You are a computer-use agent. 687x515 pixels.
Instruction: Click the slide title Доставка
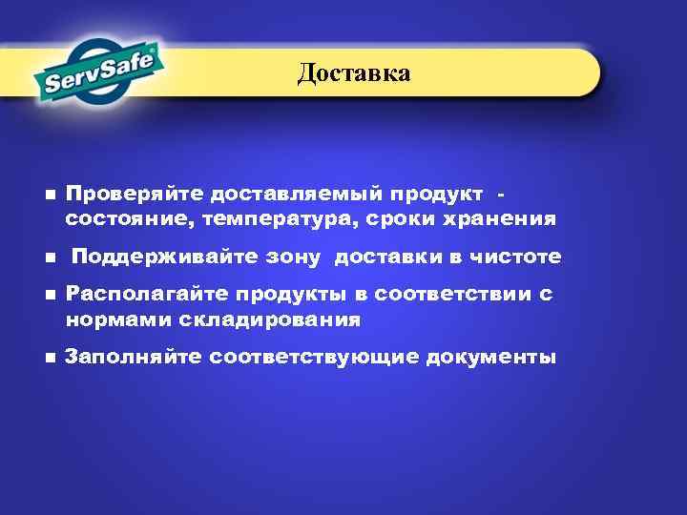(353, 72)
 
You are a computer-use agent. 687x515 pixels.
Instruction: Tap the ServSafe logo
(98, 72)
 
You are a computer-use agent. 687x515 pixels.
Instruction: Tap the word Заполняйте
(133, 358)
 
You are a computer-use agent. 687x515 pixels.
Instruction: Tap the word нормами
(108, 319)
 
